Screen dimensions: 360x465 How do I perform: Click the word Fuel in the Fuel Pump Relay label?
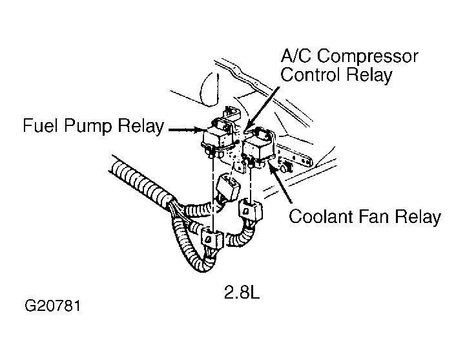click(x=41, y=125)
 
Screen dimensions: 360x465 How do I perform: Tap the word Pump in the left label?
click(x=87, y=126)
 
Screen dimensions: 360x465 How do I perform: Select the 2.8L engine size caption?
click(x=243, y=293)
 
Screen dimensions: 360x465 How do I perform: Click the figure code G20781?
click(x=53, y=304)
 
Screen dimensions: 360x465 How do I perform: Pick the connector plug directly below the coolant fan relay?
click(x=249, y=211)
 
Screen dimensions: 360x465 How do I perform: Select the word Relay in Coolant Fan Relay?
click(x=418, y=217)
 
